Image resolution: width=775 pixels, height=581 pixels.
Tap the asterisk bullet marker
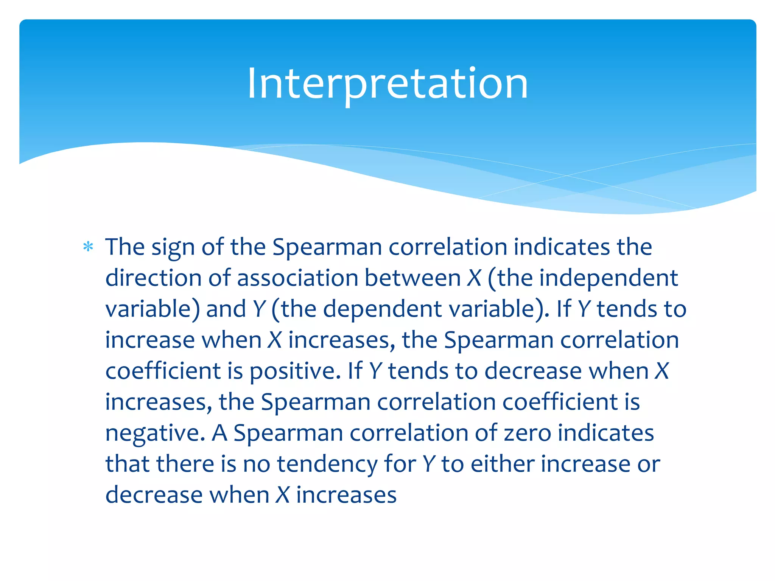(x=88, y=247)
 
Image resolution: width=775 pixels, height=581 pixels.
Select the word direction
(x=153, y=278)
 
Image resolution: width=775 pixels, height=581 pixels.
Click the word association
(x=297, y=278)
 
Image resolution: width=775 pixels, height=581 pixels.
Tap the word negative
(x=155, y=433)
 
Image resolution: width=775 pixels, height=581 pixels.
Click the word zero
(x=527, y=433)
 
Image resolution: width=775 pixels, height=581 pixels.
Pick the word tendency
(x=327, y=464)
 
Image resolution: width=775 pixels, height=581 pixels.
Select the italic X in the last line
(x=283, y=495)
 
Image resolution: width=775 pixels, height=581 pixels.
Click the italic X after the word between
(x=473, y=278)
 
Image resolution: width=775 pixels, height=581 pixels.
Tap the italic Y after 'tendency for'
(x=429, y=464)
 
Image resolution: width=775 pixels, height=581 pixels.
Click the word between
(x=412, y=278)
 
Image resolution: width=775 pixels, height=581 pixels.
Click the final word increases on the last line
(x=346, y=495)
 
